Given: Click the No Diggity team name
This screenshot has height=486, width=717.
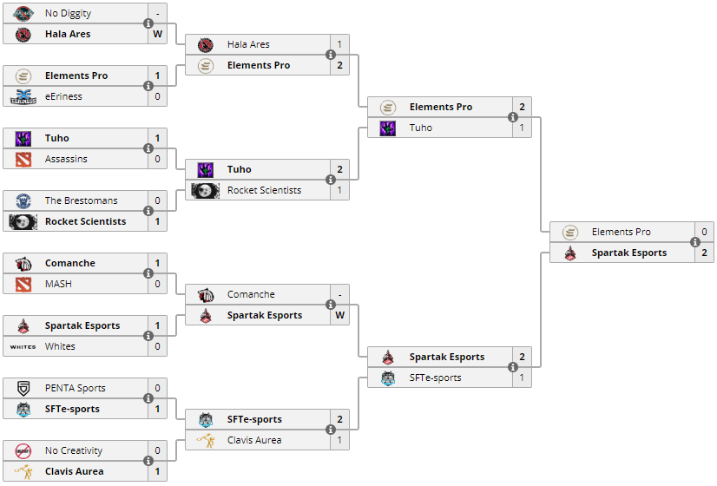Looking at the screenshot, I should coord(68,13).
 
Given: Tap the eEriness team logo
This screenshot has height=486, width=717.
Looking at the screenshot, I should coord(23,96).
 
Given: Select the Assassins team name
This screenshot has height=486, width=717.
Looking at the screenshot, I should coord(66,159).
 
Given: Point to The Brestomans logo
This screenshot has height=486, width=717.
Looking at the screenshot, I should coord(23,200).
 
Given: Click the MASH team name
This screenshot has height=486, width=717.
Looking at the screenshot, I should coord(58,284).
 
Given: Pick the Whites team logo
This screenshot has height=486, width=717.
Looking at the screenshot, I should coord(23,346).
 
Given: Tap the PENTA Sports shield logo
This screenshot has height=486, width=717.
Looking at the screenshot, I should coord(23,388).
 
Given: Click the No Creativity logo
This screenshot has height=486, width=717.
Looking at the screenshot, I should coord(23,450).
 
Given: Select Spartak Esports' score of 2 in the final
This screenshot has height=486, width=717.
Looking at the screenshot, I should coord(704,253).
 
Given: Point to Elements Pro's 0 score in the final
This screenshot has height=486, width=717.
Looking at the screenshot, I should coord(704,232).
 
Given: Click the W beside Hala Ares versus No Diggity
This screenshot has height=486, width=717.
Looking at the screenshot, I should coord(157,34).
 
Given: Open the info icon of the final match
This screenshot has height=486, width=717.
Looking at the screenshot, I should coord(695,242).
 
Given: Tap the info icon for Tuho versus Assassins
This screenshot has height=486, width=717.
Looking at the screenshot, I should coord(148,148).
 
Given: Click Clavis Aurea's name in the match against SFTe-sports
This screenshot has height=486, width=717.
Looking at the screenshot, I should coord(254,440).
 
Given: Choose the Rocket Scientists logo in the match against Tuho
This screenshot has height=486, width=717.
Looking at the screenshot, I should coord(205,190).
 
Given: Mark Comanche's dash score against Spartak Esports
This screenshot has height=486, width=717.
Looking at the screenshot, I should coord(339,294).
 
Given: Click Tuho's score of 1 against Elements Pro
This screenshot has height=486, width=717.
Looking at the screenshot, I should coord(522,128).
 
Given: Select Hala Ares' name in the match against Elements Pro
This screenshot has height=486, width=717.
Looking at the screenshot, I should coord(248,44).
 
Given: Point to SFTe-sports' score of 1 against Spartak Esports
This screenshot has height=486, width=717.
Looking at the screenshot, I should coord(522,378).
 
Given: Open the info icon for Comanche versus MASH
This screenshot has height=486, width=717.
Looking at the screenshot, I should coord(148,273).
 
